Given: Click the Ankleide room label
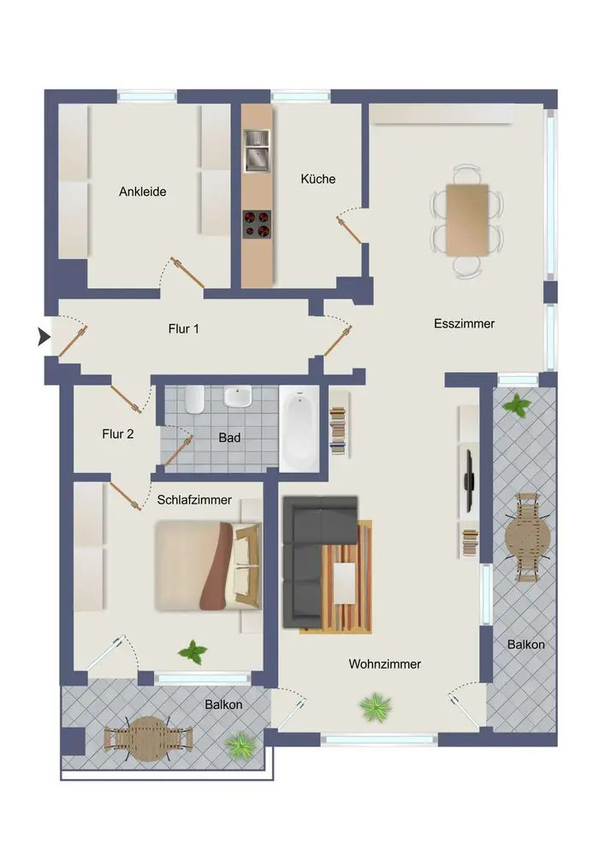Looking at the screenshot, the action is coord(142,192).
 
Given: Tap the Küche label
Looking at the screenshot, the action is coord(318,179).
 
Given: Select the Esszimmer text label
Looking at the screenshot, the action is coord(465,323).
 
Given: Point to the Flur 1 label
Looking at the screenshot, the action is coord(183,329).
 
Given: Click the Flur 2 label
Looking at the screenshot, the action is coord(118,434).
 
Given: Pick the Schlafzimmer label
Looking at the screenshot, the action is coord(194,500).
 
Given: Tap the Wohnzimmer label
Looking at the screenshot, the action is coord(384,664).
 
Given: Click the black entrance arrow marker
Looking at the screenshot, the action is coord(43,336).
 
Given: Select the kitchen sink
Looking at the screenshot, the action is coord(257,151).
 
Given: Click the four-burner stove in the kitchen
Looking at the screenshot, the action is coord(257,224).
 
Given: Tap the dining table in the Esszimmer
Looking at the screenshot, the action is coord(467,220).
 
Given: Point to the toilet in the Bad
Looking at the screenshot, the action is coord(194,399).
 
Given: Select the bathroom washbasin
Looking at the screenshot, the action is coord(237,396).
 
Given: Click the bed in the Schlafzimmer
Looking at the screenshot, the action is coord(209,566).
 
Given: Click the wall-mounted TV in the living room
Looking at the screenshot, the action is coord(468,481).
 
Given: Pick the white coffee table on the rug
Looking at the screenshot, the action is coord(344,583).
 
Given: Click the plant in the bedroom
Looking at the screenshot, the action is coord(193,651).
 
